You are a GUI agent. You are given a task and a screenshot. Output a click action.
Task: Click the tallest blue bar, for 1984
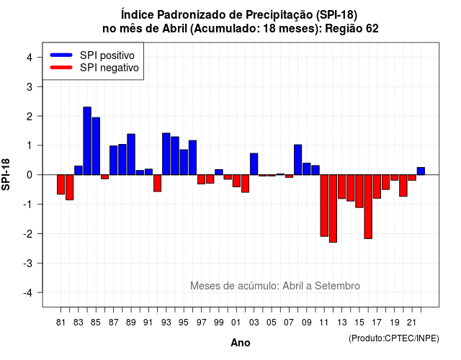pyautogui.click(x=87, y=141)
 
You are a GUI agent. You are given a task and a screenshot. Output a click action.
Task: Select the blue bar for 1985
pyautogui.click(x=96, y=146)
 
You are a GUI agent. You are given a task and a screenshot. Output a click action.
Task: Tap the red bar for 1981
pyautogui.click(x=61, y=184)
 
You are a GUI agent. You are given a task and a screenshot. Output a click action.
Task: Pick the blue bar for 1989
pyautogui.click(x=131, y=154)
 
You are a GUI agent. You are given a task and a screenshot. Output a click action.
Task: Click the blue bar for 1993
pyautogui.click(x=166, y=154)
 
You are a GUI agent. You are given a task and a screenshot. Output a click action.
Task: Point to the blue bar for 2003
pyautogui.click(x=254, y=164)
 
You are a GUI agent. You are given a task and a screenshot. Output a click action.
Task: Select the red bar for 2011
pyautogui.click(x=324, y=205)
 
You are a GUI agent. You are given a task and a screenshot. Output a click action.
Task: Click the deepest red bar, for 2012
pyautogui.click(x=333, y=208)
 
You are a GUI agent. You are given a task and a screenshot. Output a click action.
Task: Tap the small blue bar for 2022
pyautogui.click(x=421, y=171)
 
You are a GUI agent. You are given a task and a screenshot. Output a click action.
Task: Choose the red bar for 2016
pyautogui.click(x=368, y=207)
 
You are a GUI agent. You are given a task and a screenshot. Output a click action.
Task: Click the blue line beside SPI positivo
pyautogui.click(x=61, y=55)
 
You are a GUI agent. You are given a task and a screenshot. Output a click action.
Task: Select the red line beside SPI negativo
pyautogui.click(x=61, y=67)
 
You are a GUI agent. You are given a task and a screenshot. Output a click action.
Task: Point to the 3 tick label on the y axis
pyautogui.click(x=30, y=86)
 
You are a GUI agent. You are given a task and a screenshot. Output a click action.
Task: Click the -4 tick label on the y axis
pyautogui.click(x=28, y=293)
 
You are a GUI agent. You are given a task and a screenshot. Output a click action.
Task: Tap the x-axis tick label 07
pyautogui.click(x=289, y=323)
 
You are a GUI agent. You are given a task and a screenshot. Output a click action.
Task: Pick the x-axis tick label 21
pyautogui.click(x=411, y=323)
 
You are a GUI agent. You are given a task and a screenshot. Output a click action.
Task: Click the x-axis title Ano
pyautogui.click(x=241, y=343)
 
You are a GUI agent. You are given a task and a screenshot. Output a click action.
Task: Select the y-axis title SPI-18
pyautogui.click(x=6, y=174)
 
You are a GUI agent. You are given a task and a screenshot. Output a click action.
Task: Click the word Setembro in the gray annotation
pyautogui.click(x=337, y=286)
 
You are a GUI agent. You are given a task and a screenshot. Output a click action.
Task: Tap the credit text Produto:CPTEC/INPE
pyautogui.click(x=394, y=338)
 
